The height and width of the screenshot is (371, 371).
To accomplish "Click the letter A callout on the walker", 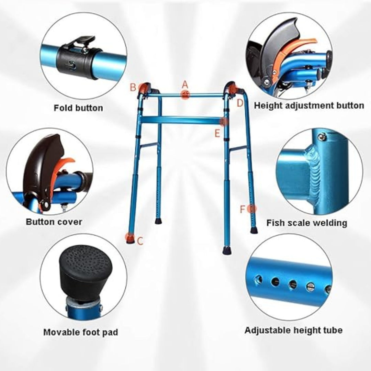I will [x=185, y=85].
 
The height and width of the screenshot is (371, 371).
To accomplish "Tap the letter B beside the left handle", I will [x=133, y=87].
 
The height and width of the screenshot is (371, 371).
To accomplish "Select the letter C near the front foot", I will [x=140, y=241].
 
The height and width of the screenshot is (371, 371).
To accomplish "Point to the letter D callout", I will [x=240, y=102].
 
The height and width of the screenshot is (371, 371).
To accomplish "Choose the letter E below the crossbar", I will [x=217, y=133].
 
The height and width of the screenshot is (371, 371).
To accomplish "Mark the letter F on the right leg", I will [x=243, y=209].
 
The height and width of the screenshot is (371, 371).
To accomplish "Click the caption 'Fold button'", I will [x=78, y=108].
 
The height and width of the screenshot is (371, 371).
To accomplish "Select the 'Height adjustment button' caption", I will [x=309, y=105].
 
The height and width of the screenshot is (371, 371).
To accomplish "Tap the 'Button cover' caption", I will [x=54, y=222].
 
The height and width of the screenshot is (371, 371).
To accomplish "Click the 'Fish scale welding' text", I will [x=307, y=223].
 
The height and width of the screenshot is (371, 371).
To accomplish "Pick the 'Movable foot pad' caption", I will [x=81, y=332].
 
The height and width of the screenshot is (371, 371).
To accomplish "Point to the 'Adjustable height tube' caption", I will [x=293, y=330].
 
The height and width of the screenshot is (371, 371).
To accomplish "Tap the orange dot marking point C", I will [x=130, y=237].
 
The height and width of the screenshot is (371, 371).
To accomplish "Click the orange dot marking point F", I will [x=252, y=209].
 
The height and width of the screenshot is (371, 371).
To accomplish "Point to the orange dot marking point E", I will [x=224, y=122].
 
